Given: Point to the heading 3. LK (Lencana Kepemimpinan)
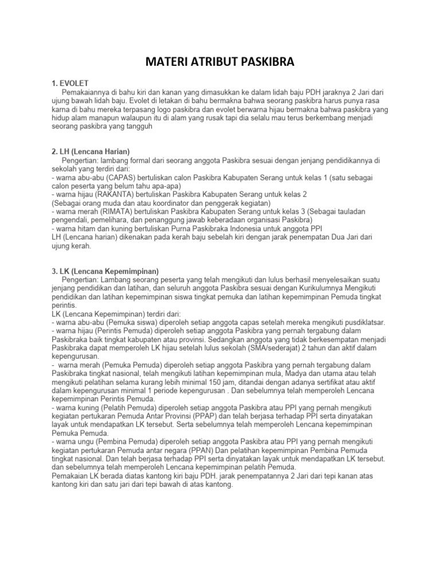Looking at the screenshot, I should coord(105,271).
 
